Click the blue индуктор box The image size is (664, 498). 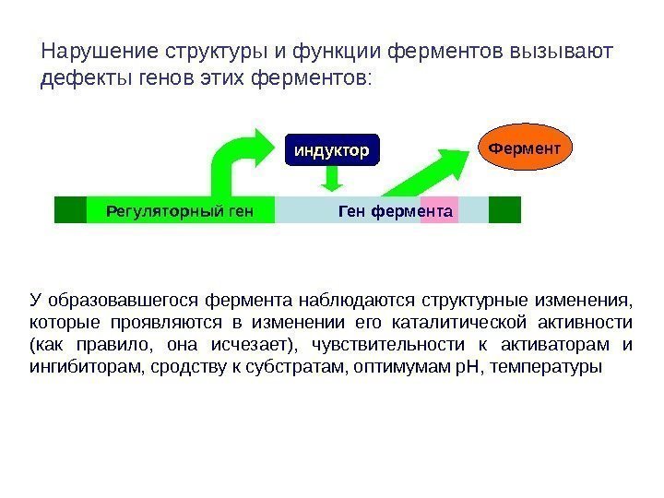click(x=332, y=148)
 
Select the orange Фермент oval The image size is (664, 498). click(x=525, y=147)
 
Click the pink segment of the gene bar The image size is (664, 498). click(x=439, y=209)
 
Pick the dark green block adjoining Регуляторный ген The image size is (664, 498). click(x=70, y=210)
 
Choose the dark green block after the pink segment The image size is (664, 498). click(x=504, y=209)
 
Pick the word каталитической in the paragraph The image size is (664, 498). click(x=443, y=322)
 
